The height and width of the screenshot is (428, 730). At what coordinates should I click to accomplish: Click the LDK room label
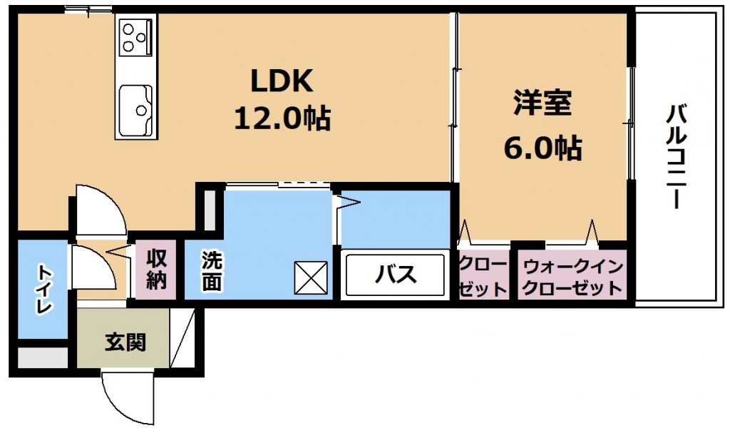tap(282, 81)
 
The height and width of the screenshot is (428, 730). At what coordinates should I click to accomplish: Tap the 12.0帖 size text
tap(282, 118)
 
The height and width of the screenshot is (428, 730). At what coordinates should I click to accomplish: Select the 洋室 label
tap(543, 103)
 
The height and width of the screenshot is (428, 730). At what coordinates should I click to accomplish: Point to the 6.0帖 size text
tap(543, 148)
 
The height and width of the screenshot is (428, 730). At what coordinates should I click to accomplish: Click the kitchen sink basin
tap(135, 111)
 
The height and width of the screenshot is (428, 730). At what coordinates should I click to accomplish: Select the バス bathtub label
tap(395, 275)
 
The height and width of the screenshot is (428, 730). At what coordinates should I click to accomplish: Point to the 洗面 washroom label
tap(212, 271)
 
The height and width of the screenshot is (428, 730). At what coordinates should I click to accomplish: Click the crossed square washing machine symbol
tap(311, 278)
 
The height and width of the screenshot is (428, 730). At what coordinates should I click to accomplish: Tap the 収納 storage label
tap(156, 269)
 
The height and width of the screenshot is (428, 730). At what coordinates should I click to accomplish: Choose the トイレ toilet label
tap(43, 289)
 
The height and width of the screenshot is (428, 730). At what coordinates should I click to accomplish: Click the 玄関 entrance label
tap(125, 342)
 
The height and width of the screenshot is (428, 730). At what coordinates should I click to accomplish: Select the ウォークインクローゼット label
tap(572, 277)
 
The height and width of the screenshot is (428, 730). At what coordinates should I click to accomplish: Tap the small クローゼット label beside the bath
tap(483, 277)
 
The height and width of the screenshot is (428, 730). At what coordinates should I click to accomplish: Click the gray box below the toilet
tap(43, 357)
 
